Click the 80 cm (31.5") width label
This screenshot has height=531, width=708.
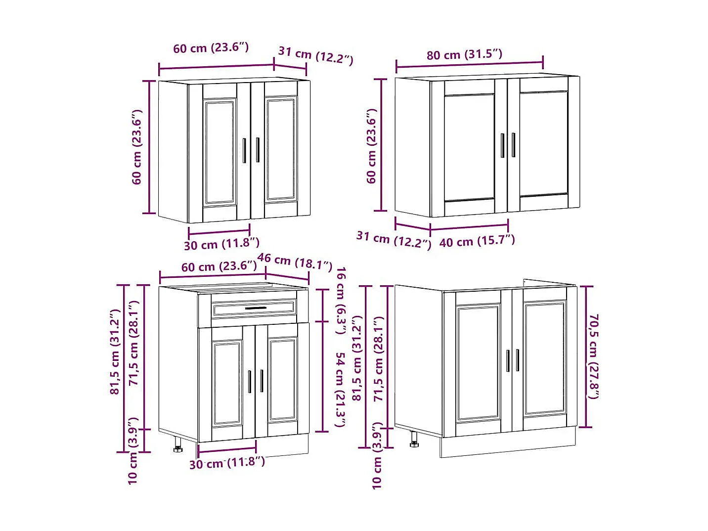click(x=464, y=54)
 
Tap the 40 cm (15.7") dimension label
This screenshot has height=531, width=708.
click(x=477, y=241)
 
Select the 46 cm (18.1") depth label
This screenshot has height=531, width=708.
click(x=295, y=261)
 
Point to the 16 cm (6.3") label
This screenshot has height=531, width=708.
click(x=341, y=300)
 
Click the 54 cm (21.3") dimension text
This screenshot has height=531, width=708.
click(x=340, y=390)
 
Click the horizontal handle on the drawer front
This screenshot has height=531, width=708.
click(x=256, y=308)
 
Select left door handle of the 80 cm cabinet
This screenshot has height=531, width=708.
click(x=502, y=145)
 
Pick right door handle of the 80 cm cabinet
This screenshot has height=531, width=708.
click(x=513, y=145)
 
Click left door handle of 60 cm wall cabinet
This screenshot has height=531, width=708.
click(x=244, y=150)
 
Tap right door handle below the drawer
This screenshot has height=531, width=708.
click(x=262, y=381)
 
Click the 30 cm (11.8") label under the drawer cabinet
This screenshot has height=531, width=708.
click(x=227, y=463)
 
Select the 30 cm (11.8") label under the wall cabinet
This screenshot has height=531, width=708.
click(x=221, y=244)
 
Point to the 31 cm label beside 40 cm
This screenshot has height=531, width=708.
click(x=394, y=239)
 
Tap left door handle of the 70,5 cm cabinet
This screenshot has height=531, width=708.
click(x=508, y=360)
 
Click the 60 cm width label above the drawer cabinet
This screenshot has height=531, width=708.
click(x=219, y=266)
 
